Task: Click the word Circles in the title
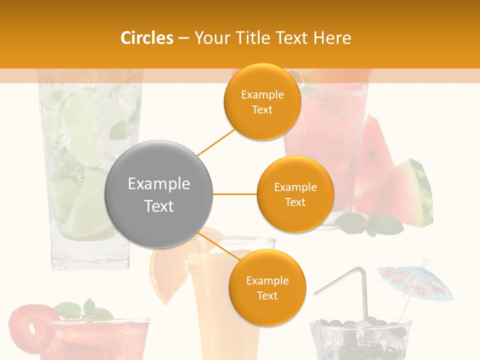(x=146, y=38)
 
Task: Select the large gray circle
(x=159, y=194)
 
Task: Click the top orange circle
(x=262, y=102)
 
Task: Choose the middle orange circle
(x=295, y=194)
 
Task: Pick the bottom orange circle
(x=267, y=287)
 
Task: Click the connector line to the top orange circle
(x=216, y=142)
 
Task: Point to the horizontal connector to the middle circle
(x=234, y=194)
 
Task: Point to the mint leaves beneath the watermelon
(x=370, y=224)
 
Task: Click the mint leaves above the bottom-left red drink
(x=82, y=310)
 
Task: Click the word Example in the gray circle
(x=159, y=184)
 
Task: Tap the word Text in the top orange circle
(x=262, y=110)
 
